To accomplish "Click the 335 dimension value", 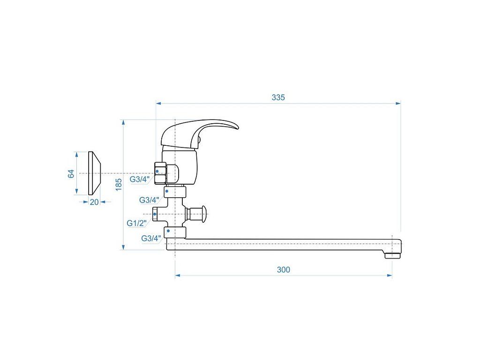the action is (278, 97).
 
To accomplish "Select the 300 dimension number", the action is (284, 270).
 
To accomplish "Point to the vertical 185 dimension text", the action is (119, 185).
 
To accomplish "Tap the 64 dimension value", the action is (71, 173).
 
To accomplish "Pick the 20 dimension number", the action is (94, 202).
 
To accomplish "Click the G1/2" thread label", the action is (137, 223).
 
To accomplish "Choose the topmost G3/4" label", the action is (140, 180).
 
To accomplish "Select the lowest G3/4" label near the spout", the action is (151, 238).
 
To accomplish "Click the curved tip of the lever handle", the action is (237, 127).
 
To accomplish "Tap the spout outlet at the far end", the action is (392, 255).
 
